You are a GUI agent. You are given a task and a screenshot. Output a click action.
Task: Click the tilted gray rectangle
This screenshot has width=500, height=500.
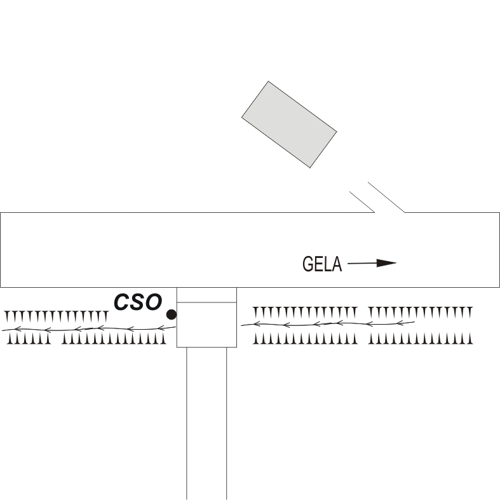point(289,124)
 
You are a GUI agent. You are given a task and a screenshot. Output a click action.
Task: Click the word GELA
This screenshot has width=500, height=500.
point(322,264)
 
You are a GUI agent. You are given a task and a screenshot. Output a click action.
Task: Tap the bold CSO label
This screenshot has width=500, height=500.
point(138,302)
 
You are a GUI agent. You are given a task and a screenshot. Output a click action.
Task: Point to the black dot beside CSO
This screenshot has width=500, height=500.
point(171,314)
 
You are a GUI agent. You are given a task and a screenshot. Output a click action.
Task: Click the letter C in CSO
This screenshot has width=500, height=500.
point(123,302)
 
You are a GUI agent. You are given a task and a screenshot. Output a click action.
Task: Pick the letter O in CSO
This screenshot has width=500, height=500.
point(153,302)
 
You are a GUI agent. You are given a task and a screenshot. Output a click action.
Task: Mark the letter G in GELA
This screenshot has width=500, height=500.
point(308,264)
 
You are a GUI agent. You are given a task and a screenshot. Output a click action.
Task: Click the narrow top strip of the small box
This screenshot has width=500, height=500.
point(206,295)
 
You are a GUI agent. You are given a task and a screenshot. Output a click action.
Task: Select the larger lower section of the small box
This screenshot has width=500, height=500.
point(206,325)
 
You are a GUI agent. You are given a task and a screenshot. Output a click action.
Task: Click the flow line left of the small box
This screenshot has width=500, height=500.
point(89,328)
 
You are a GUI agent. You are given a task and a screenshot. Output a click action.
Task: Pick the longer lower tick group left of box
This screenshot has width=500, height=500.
point(114,339)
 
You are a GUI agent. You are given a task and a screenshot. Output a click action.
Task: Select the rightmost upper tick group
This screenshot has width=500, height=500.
point(421,312)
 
